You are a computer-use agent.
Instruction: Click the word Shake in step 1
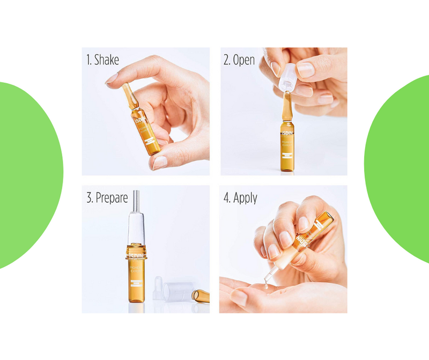pos(107,60)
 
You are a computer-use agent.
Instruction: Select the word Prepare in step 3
pos(112,198)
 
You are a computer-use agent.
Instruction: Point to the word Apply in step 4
pos(245,198)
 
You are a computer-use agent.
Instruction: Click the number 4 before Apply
pos(226,198)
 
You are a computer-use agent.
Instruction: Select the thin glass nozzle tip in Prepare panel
pos(136,200)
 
